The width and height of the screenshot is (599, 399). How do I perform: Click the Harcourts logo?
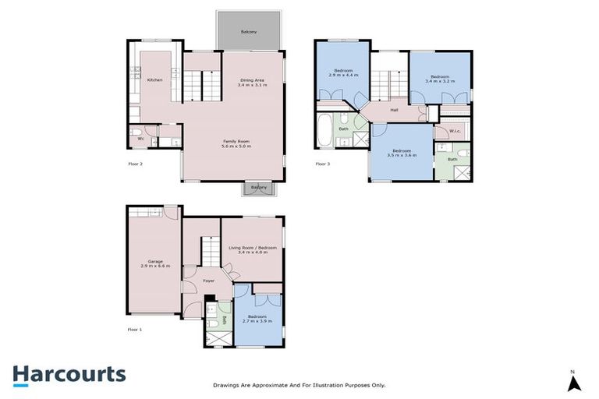69,374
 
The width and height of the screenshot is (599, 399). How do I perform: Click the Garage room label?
154,263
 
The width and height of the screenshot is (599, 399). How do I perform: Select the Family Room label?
235,143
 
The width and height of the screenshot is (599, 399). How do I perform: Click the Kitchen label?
154,79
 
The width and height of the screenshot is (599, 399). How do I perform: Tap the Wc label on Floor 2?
140,139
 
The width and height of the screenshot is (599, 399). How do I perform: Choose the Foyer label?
208,281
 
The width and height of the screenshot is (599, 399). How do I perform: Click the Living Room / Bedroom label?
253,250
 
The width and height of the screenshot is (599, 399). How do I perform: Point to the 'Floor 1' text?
136,330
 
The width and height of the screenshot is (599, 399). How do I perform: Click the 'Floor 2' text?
136,164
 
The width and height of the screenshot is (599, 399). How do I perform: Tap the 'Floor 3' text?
323,164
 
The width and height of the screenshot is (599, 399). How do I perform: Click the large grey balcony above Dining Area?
248,31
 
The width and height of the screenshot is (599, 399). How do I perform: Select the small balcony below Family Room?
258,188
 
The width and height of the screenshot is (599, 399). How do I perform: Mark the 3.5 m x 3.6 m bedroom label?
402,153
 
